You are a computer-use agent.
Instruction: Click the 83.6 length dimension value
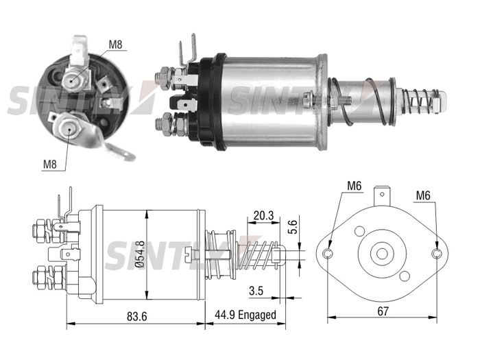click(x=137, y=316)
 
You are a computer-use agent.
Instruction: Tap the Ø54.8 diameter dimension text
click(x=141, y=254)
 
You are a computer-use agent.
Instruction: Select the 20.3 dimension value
click(x=263, y=216)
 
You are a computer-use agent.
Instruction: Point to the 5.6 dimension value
click(x=293, y=227)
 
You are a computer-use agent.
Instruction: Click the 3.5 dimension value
click(x=256, y=291)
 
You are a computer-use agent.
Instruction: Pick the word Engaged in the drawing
click(x=257, y=315)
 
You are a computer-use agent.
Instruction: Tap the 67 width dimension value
click(x=383, y=311)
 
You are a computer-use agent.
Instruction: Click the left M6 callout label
click(x=355, y=186)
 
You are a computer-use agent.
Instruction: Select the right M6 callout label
click(x=423, y=195)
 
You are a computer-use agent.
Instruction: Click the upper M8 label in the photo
click(x=116, y=45)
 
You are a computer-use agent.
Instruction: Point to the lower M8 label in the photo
click(x=50, y=165)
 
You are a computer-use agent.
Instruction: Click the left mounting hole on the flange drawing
click(x=328, y=254)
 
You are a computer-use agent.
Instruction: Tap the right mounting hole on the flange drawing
click(x=437, y=254)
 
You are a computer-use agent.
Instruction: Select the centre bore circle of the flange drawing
click(x=382, y=254)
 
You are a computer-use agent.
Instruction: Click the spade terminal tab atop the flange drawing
click(x=382, y=195)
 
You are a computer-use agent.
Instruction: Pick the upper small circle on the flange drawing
click(x=359, y=231)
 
